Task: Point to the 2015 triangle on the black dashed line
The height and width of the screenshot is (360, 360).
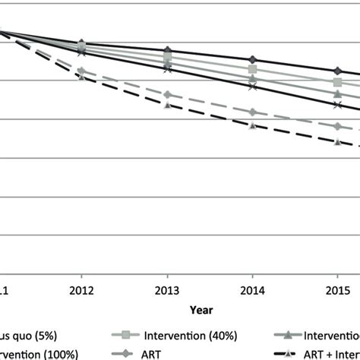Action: coord(338,141)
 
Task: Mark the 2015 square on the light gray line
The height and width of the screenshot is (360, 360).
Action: coord(338,82)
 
